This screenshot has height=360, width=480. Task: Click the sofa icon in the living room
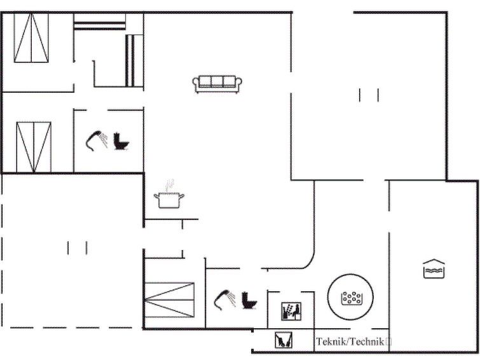[x=217, y=84]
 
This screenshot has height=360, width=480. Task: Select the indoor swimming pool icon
[x=434, y=268]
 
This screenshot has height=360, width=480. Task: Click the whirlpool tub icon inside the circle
[x=352, y=298]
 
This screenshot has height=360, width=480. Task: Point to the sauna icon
[x=291, y=311]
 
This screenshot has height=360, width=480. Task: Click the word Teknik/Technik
[x=350, y=342]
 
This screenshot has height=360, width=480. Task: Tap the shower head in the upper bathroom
[x=97, y=141]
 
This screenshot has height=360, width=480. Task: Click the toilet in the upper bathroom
[x=121, y=141]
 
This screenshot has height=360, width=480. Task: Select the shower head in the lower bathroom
[x=225, y=300]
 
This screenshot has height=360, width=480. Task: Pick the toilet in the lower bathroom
[x=249, y=300]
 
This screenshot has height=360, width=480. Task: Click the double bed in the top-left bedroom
[x=31, y=38]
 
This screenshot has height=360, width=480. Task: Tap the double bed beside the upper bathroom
[x=34, y=147]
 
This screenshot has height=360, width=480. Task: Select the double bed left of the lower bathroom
[x=169, y=300]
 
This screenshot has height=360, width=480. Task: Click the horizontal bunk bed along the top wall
[x=99, y=22]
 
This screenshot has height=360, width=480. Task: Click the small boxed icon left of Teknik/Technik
[x=284, y=340]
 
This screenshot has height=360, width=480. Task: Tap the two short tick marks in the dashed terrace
[x=77, y=248]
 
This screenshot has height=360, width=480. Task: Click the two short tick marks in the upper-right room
[x=369, y=95]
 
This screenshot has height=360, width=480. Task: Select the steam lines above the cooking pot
[x=169, y=186]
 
